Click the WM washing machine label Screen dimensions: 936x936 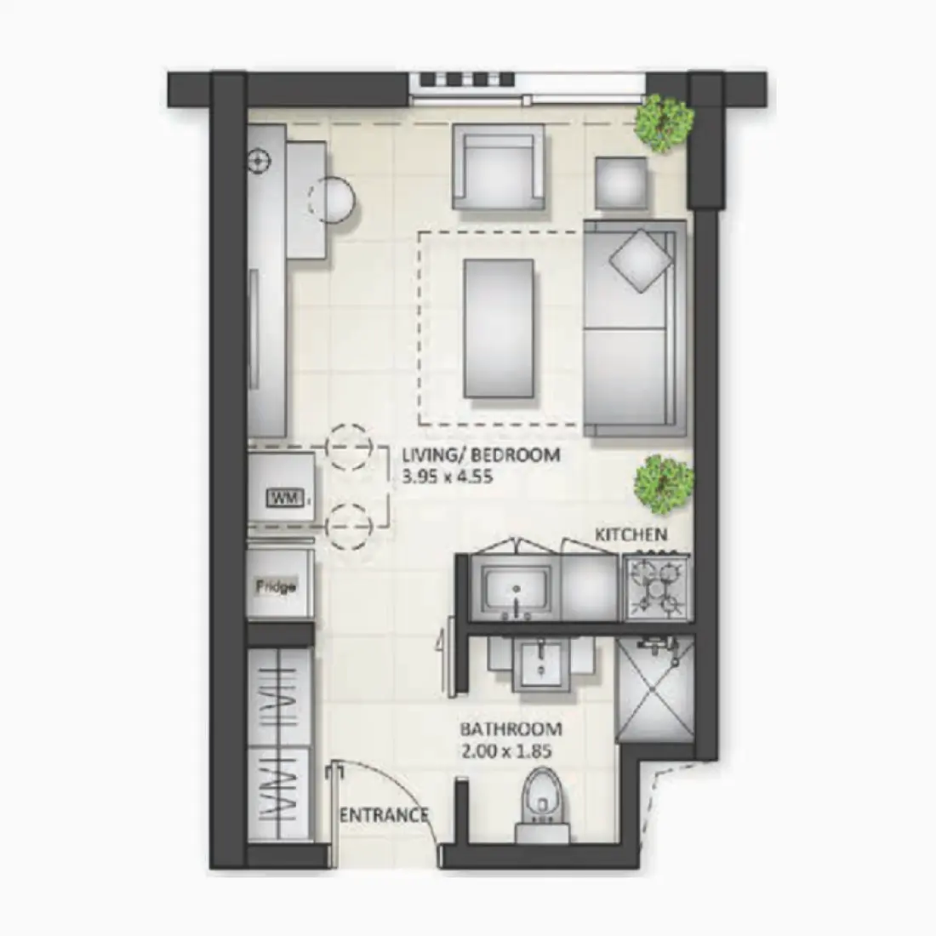(x=284, y=497)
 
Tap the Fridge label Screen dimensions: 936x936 (x=277, y=586)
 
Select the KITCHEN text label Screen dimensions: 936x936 (x=631, y=534)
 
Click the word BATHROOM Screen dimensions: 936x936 (x=511, y=729)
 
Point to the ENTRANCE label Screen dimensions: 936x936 (x=384, y=815)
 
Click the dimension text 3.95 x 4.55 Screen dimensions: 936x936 (x=447, y=477)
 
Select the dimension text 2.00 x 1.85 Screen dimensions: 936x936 (x=506, y=751)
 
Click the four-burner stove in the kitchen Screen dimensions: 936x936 (x=658, y=586)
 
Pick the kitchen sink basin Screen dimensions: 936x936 (x=516, y=587)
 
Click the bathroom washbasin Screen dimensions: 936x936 (x=543, y=665)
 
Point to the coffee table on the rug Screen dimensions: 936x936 (x=498, y=328)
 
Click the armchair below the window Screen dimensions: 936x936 (x=498, y=168)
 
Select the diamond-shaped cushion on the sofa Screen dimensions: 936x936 (x=638, y=260)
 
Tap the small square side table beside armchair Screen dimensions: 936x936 (x=621, y=183)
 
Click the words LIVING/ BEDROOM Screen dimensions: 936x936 (x=481, y=454)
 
